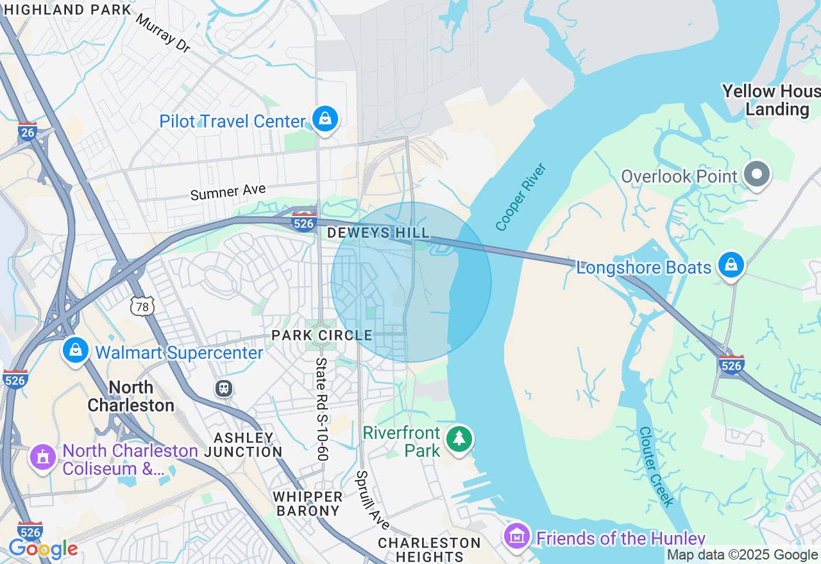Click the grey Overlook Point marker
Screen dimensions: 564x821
[757, 174]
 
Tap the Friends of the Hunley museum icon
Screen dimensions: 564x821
[516, 536]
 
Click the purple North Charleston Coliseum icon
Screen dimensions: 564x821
[43, 458]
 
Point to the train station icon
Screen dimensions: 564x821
[224, 388]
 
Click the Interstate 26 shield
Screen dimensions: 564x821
[28, 131]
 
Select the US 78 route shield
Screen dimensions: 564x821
[142, 306]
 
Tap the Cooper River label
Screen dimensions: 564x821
[521, 197]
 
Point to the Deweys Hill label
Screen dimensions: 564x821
[378, 233]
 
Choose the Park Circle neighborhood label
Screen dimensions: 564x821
[321, 335]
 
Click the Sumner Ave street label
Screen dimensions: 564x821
[228, 192]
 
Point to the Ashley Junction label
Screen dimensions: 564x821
[244, 445]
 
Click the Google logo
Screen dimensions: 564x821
[42, 549]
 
